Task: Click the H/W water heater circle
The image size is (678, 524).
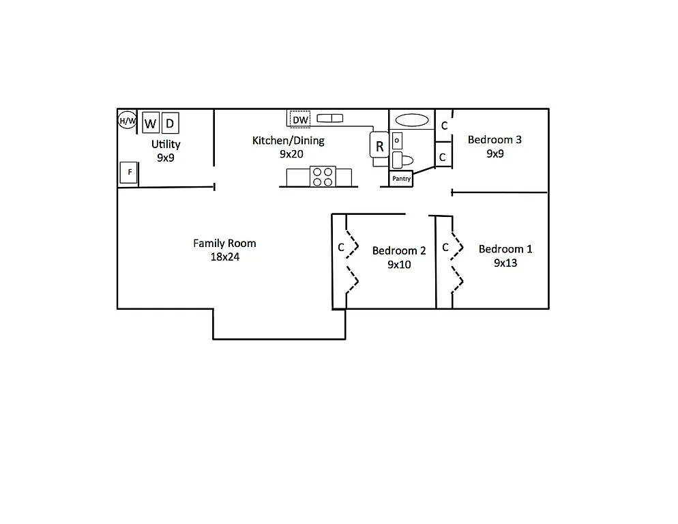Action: click(x=128, y=121)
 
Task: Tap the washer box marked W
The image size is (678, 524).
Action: click(x=151, y=123)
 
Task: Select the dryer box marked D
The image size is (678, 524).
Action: click(x=171, y=123)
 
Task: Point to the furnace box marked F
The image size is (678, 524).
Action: click(x=129, y=173)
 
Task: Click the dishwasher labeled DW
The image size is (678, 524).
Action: click(x=300, y=120)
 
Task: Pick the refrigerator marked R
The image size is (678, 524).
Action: click(x=379, y=145)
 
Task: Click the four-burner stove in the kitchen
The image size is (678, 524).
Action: click(x=323, y=177)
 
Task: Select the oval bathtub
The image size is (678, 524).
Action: click(x=412, y=121)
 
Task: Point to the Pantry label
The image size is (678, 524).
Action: click(x=402, y=179)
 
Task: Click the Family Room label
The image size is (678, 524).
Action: click(x=224, y=243)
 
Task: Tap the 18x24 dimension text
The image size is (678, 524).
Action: click(x=224, y=257)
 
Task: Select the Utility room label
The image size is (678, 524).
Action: click(x=166, y=144)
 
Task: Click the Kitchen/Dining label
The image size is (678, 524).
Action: click(x=289, y=141)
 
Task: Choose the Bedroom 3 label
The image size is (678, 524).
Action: click(x=495, y=140)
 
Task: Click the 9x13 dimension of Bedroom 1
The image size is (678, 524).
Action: click(x=505, y=263)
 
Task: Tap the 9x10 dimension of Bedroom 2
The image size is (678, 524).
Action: click(x=399, y=265)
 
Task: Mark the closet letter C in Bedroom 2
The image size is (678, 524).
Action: click(x=341, y=248)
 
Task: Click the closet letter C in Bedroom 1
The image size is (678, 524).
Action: click(x=445, y=248)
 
